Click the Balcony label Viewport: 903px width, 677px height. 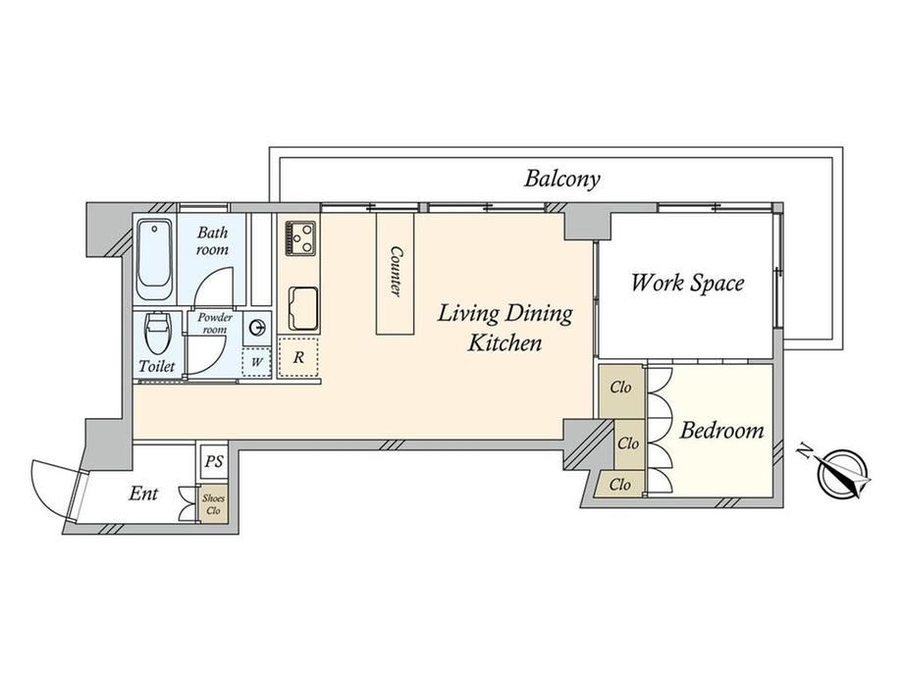[562, 179]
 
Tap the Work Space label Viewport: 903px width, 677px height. [688, 283]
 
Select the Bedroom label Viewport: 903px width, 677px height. [721, 430]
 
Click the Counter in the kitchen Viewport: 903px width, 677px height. [395, 274]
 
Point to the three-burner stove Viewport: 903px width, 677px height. [299, 237]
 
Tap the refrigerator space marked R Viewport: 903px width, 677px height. [298, 357]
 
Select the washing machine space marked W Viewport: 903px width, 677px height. [256, 362]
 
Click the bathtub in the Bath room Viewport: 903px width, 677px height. [154, 260]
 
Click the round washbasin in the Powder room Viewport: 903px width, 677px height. [257, 329]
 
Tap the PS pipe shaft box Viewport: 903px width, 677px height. [214, 462]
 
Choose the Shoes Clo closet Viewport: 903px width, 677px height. [214, 505]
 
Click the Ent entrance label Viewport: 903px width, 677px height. [143, 494]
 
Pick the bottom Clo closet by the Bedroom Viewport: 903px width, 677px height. [620, 485]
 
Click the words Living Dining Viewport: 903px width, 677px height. [505, 314]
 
